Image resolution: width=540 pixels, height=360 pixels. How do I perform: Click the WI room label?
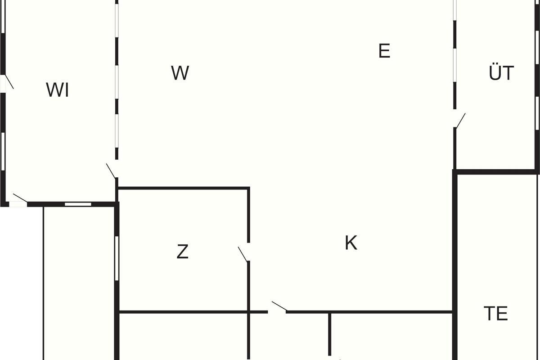(58, 90)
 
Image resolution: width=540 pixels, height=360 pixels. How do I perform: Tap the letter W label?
(180, 73)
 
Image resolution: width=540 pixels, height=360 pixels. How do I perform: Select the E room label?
(384, 51)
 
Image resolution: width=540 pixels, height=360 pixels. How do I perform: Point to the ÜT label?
(501, 72)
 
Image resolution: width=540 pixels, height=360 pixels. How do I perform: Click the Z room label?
(183, 252)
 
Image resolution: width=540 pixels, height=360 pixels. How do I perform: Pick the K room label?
(351, 243)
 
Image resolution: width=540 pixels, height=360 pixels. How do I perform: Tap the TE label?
(496, 313)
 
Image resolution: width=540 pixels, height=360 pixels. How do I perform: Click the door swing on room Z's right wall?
(243, 254)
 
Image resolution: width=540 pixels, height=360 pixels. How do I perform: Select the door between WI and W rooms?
(111, 171)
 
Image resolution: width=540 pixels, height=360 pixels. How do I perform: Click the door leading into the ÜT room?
(460, 120)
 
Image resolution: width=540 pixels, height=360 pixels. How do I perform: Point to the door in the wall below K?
(279, 306)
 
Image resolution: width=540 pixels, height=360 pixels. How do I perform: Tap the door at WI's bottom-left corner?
(20, 198)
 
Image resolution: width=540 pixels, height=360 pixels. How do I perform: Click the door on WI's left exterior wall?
(9, 82)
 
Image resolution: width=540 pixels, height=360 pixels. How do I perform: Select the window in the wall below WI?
(78, 204)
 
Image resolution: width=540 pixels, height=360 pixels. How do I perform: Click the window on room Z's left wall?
(117, 258)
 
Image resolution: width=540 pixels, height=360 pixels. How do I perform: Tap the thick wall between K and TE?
(455, 265)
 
